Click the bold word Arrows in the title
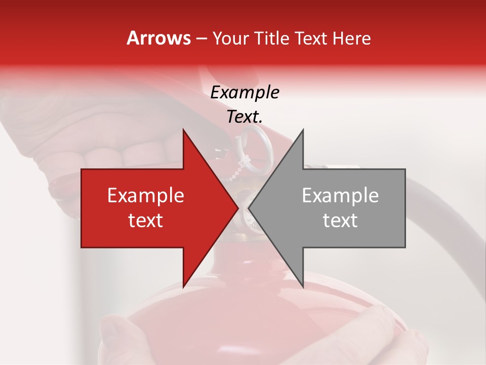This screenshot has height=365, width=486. [158, 38]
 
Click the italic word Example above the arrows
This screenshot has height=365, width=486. [245, 92]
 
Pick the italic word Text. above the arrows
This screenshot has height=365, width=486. [245, 117]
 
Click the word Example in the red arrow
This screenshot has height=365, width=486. [146, 195]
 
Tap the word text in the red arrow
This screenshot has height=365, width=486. [146, 220]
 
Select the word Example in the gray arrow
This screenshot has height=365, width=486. [340, 195]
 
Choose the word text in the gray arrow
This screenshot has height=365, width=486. [340, 220]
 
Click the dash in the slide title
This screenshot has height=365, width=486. [201, 39]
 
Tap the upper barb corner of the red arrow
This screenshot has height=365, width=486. [183, 130]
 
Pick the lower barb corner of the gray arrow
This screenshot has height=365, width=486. [303, 287]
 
